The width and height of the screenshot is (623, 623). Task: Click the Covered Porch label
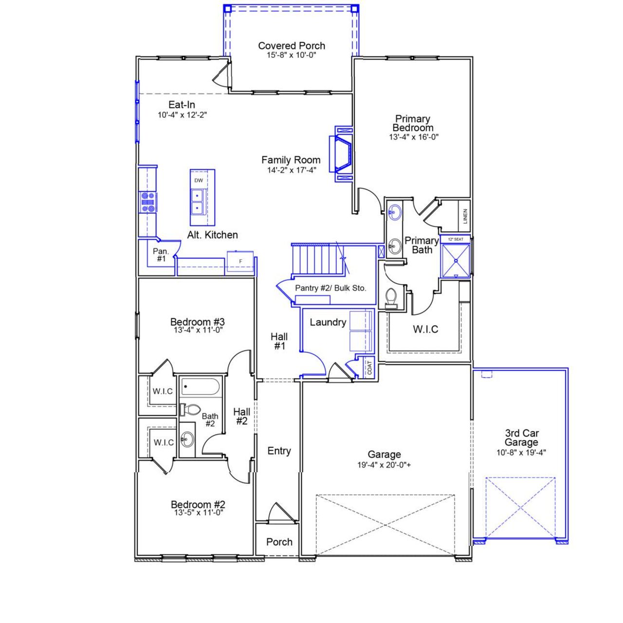(292, 46)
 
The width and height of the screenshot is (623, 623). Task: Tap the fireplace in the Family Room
(342, 154)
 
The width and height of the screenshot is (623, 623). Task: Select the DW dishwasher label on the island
(199, 181)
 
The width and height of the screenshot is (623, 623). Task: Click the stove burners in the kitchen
(148, 202)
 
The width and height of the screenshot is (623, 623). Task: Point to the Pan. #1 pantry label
(161, 255)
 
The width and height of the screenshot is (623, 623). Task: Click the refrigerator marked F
(240, 261)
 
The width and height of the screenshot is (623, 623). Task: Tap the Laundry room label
(328, 322)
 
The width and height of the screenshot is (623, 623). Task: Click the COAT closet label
(369, 367)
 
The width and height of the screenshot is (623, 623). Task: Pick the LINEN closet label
(465, 216)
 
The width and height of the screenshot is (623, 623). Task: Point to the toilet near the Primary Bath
(391, 297)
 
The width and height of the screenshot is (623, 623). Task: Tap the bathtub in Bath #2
(200, 387)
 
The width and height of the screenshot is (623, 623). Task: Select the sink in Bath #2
(187, 440)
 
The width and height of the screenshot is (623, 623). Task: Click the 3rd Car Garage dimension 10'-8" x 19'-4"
(521, 452)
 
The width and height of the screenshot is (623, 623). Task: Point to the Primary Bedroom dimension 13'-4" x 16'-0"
(413, 137)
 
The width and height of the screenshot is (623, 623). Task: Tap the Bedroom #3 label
(197, 322)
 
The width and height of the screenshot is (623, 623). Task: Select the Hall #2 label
(241, 417)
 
